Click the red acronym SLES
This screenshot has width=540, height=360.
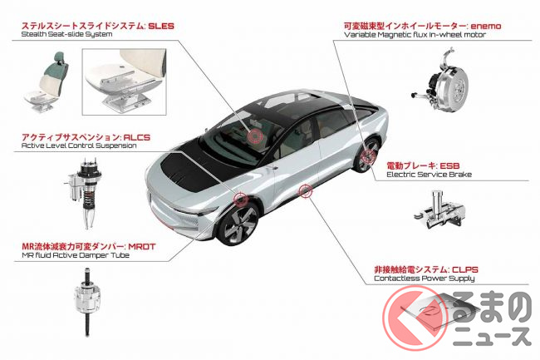161,26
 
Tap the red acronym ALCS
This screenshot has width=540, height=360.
137,137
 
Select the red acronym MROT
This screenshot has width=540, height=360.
142,247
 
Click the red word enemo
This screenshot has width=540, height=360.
486,26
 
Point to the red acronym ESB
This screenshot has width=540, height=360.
449,165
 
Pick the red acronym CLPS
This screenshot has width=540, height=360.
465,269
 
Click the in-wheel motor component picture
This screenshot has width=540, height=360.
441,80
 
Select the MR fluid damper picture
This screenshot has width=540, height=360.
87,302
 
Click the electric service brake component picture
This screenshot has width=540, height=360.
439,210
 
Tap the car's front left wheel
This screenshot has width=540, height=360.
238,223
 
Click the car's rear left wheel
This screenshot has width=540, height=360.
366,155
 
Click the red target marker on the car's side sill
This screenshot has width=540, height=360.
305,191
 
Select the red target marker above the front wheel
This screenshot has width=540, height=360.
240,199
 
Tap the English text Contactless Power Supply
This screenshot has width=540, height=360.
425,279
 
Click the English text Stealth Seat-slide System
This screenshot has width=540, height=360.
66,34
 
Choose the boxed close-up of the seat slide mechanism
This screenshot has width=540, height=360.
125,81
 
